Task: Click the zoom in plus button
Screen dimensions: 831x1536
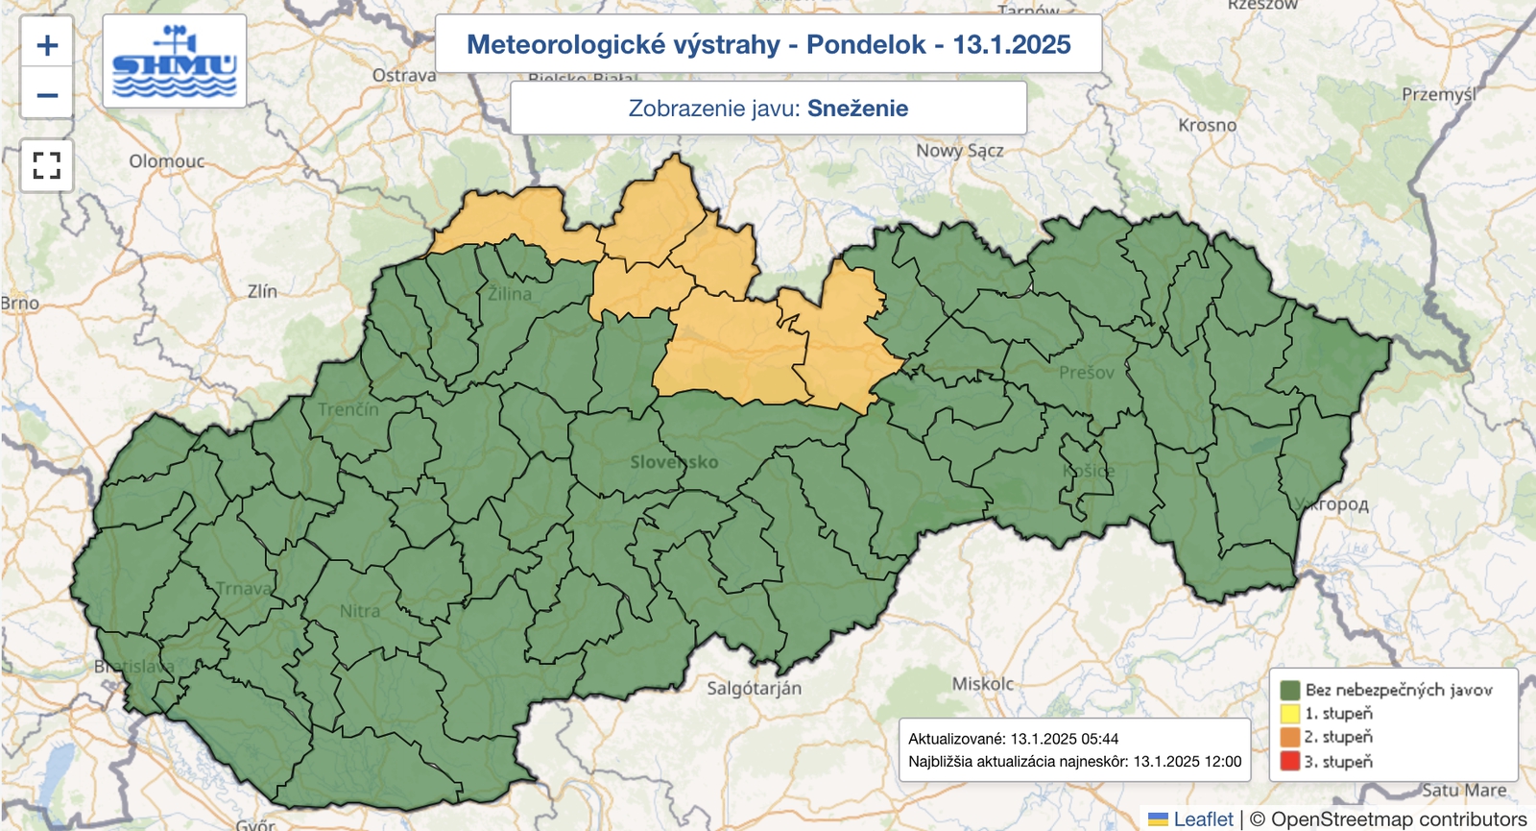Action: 47,45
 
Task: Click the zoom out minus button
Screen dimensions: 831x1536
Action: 47,95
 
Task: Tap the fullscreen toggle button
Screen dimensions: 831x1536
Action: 47,165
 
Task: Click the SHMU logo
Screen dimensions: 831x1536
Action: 174,61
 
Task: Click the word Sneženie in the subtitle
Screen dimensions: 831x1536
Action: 857,109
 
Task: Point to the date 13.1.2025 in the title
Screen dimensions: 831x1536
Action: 1011,44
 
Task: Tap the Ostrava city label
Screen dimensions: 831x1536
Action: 404,75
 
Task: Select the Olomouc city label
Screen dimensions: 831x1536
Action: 167,161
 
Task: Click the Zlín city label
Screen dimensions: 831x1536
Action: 262,291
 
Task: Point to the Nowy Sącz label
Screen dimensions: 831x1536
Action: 959,151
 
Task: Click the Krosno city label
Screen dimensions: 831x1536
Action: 1207,125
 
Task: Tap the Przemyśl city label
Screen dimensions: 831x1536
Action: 1438,94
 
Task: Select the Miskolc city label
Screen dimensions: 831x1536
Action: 982,684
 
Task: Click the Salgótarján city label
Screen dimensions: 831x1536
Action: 754,688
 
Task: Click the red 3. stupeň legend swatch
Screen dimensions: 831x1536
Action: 1289,761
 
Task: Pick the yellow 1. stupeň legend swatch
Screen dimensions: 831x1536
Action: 1289,713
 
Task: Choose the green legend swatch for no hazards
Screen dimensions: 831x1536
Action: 1289,689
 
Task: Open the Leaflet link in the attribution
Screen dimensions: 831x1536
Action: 1203,819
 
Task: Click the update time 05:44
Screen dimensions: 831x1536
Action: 1099,739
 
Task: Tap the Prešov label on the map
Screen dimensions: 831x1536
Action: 1087,373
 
